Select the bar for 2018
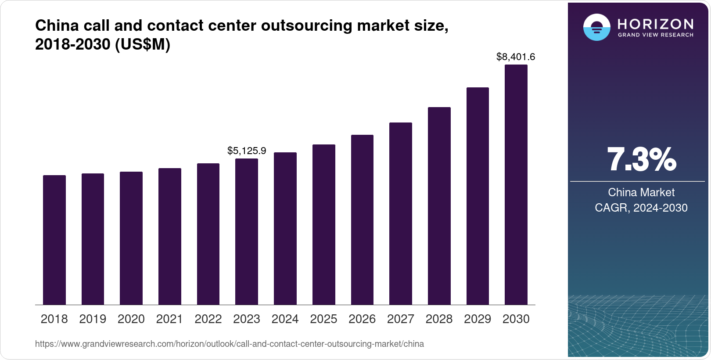pyautogui.click(x=54, y=240)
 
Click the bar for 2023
pyautogui.click(x=247, y=231)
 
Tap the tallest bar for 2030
pyautogui.click(x=516, y=184)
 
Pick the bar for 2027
pyautogui.click(x=401, y=213)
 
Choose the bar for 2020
pyautogui.click(x=131, y=238)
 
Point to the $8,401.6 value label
pyautogui.click(x=516, y=57)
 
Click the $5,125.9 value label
pyautogui.click(x=247, y=151)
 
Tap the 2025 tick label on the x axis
pyautogui.click(x=323, y=319)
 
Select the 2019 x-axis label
pyautogui.click(x=93, y=319)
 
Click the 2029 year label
pyautogui.click(x=478, y=319)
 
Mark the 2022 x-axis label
pyautogui.click(x=208, y=319)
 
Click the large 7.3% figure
pyautogui.click(x=641, y=160)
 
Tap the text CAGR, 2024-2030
pyautogui.click(x=641, y=208)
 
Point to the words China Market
pyautogui.click(x=641, y=192)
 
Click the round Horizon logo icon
pyautogui.click(x=596, y=27)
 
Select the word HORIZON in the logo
pyautogui.click(x=656, y=24)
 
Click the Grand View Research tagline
pyautogui.click(x=656, y=35)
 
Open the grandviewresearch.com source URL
pyautogui.click(x=230, y=344)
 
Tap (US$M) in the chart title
pyautogui.click(x=142, y=44)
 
